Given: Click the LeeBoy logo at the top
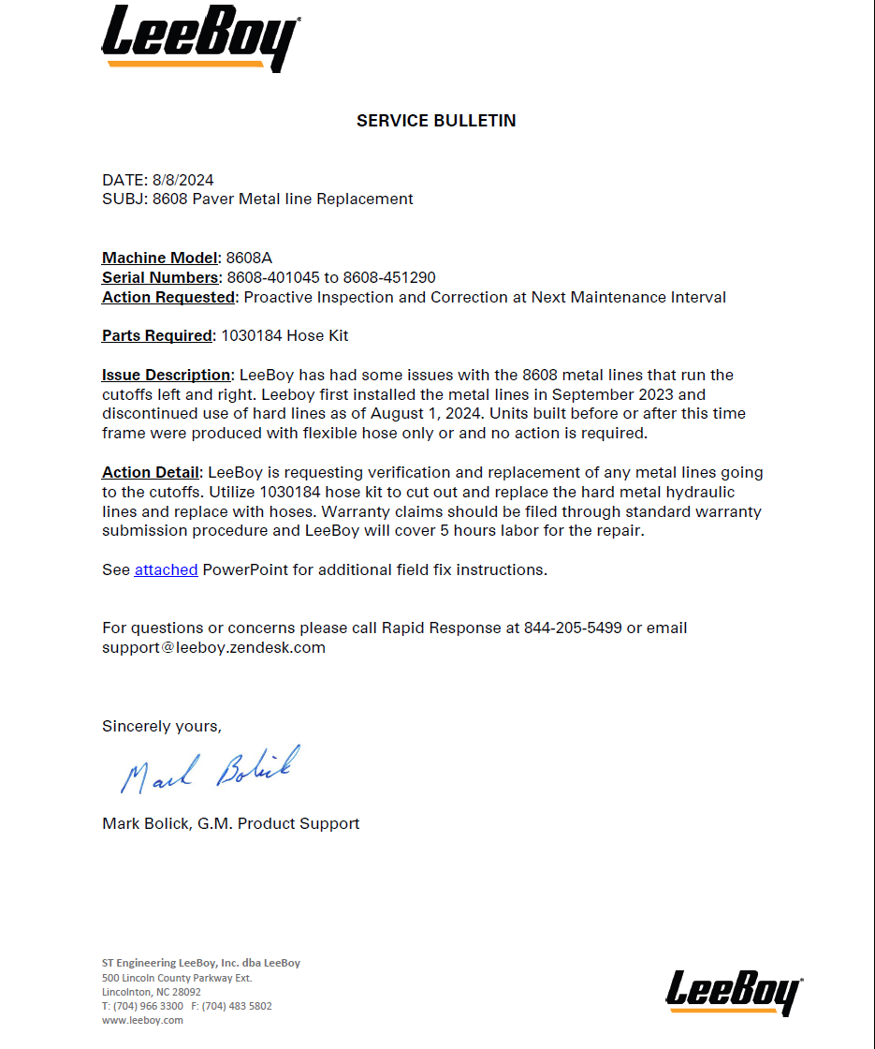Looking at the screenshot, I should (x=200, y=38).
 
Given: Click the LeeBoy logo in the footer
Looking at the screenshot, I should (x=735, y=992).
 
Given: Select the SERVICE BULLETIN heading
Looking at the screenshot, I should (x=436, y=121).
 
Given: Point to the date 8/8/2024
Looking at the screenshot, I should (x=182, y=180).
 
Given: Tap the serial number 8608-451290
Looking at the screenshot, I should (x=389, y=277).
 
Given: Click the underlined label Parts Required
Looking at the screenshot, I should (x=157, y=335).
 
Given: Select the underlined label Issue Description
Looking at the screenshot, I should (x=166, y=375).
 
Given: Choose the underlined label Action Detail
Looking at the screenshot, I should (x=151, y=472).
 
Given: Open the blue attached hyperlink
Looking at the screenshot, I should (x=166, y=569).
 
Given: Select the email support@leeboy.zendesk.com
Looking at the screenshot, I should (x=213, y=647).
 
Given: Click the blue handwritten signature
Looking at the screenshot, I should (x=210, y=769).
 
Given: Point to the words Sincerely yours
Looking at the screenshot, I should (x=162, y=726).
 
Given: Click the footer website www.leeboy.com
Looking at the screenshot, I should (x=142, y=1020).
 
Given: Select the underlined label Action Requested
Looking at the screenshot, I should (x=168, y=297).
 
